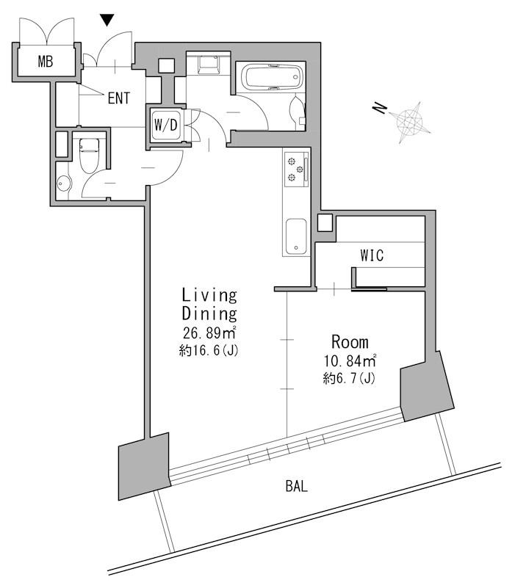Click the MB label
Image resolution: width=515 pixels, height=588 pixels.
(x=46, y=62)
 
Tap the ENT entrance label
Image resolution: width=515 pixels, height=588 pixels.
(x=118, y=98)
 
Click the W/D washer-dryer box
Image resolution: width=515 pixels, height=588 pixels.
(x=165, y=125)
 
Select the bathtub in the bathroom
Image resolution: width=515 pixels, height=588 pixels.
(x=270, y=77)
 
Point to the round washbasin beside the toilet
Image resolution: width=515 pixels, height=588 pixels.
(x=64, y=184)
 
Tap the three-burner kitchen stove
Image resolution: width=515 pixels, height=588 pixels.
(x=297, y=169)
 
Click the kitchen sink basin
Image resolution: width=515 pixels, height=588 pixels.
(x=296, y=236)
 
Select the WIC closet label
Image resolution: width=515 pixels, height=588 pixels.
(x=372, y=255)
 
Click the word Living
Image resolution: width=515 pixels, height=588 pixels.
(x=209, y=295)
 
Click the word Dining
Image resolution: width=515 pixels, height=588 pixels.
(x=209, y=313)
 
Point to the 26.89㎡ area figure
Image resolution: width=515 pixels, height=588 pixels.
(x=209, y=333)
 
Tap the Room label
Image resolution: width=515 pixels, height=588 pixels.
(x=350, y=342)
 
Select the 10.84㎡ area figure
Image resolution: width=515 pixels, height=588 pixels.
(x=350, y=360)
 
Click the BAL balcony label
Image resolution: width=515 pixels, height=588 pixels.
(x=297, y=487)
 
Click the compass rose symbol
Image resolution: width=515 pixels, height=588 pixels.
(x=410, y=122)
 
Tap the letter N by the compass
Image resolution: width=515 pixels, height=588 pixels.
(x=380, y=108)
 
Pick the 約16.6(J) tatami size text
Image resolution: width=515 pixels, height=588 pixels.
(x=209, y=350)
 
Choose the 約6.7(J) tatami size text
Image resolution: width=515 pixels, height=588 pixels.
(x=349, y=378)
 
